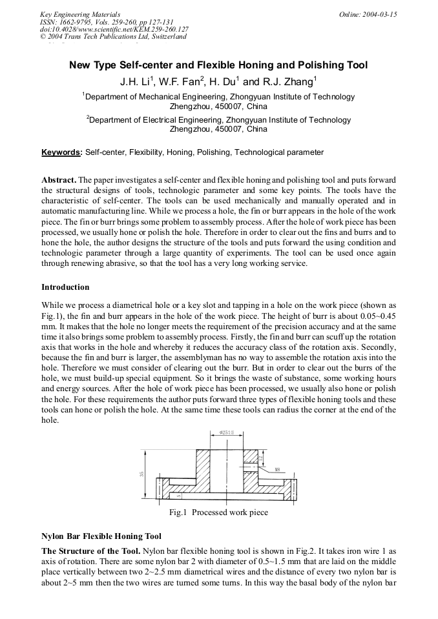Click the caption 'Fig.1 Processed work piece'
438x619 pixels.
click(218, 512)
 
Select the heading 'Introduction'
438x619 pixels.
click(65, 287)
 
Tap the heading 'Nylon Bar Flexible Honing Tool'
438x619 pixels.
click(101, 536)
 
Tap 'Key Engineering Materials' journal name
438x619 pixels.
click(79, 14)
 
